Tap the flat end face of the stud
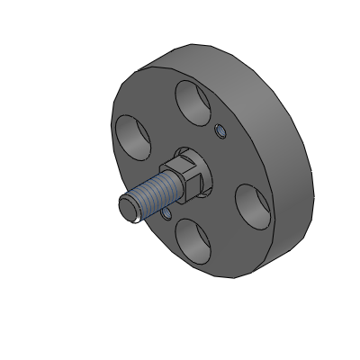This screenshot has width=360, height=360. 127,208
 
